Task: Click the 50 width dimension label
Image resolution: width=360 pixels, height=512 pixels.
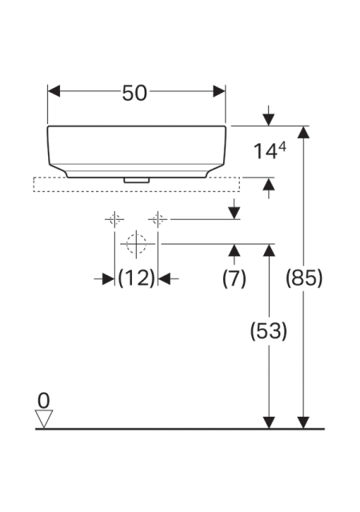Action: click(134, 93)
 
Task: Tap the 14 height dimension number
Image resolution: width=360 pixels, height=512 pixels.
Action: click(265, 152)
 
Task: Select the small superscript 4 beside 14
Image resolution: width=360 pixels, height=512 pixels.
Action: click(282, 147)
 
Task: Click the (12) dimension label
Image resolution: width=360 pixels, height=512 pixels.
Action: click(136, 278)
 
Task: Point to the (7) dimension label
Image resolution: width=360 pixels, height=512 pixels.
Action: click(234, 278)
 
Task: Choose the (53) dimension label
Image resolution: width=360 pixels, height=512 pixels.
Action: click(269, 330)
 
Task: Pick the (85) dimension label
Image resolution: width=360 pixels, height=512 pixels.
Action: click(304, 278)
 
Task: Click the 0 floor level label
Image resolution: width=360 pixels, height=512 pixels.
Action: click(43, 401)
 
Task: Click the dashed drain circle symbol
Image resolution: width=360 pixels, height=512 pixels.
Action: click(136, 244)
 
